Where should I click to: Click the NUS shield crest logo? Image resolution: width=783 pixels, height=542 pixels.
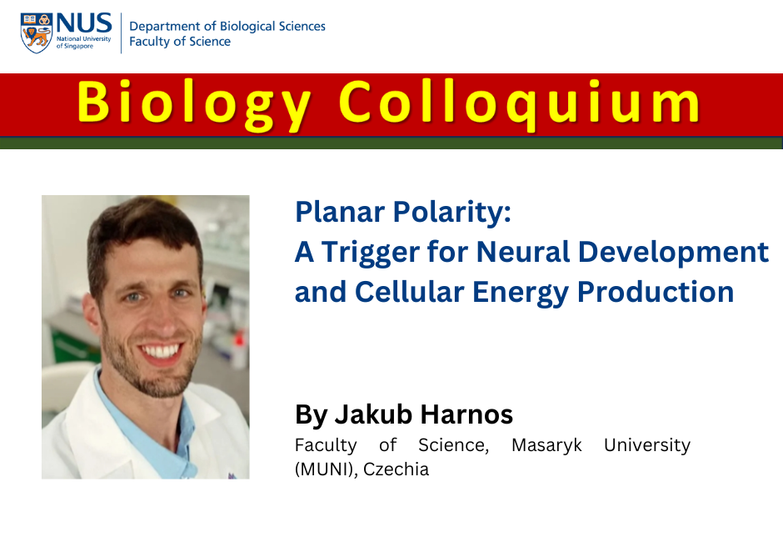coord(37,33)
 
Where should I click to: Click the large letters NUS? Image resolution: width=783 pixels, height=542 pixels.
coord(84,23)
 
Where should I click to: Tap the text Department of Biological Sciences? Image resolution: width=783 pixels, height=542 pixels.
coord(227,26)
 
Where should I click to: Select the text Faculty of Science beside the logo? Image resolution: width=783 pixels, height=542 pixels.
coord(180,42)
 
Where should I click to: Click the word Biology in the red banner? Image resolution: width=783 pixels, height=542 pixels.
coord(194,104)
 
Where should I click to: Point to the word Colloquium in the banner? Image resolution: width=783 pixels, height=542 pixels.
coord(520,104)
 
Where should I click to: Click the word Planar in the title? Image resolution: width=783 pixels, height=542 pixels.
coord(340,212)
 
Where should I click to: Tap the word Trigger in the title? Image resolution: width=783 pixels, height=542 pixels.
coord(370,253)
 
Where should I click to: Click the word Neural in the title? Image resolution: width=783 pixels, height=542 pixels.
coord(523,252)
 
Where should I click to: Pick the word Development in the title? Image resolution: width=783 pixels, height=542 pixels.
coord(673,253)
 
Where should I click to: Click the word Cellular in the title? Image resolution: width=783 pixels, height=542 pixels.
coord(410,292)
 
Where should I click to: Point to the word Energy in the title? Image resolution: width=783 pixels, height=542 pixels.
coord(521,294)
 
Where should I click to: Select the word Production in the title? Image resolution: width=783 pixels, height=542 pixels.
coord(656,292)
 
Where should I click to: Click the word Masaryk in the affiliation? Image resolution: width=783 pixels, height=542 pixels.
coord(546,445)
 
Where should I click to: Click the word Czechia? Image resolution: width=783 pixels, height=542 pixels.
coord(396,469)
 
